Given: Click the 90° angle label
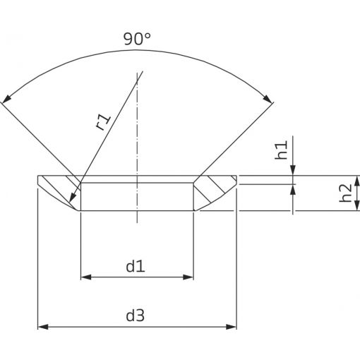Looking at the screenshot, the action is (x=137, y=39).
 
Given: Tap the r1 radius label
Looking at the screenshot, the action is (x=103, y=121).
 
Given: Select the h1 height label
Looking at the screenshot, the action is (x=282, y=150).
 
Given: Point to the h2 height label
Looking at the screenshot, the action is (x=345, y=193).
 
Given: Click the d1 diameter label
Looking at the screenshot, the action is (x=136, y=267).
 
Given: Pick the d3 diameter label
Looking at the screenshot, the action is (x=136, y=316).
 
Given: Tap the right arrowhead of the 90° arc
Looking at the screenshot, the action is (x=268, y=99).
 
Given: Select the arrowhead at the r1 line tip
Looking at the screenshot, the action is (x=73, y=198).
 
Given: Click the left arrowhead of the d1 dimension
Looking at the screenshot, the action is (x=86, y=277).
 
